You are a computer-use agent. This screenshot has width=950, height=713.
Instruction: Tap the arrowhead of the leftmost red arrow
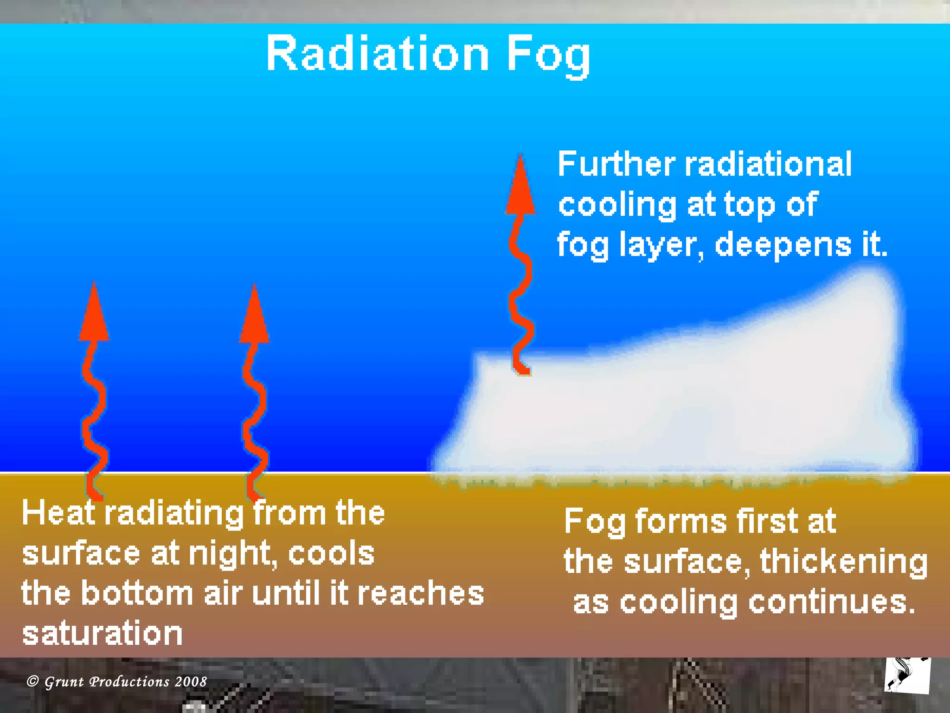(94, 313)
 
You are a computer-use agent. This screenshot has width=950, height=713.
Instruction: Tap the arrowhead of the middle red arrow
(254, 316)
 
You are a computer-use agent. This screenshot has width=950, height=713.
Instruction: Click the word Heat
(58, 513)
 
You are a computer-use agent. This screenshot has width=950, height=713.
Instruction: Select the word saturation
(103, 634)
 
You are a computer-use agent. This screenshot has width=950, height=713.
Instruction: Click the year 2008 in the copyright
(191, 681)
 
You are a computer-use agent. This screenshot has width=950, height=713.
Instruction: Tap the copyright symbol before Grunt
(32, 681)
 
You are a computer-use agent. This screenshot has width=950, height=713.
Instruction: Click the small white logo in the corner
(907, 675)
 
